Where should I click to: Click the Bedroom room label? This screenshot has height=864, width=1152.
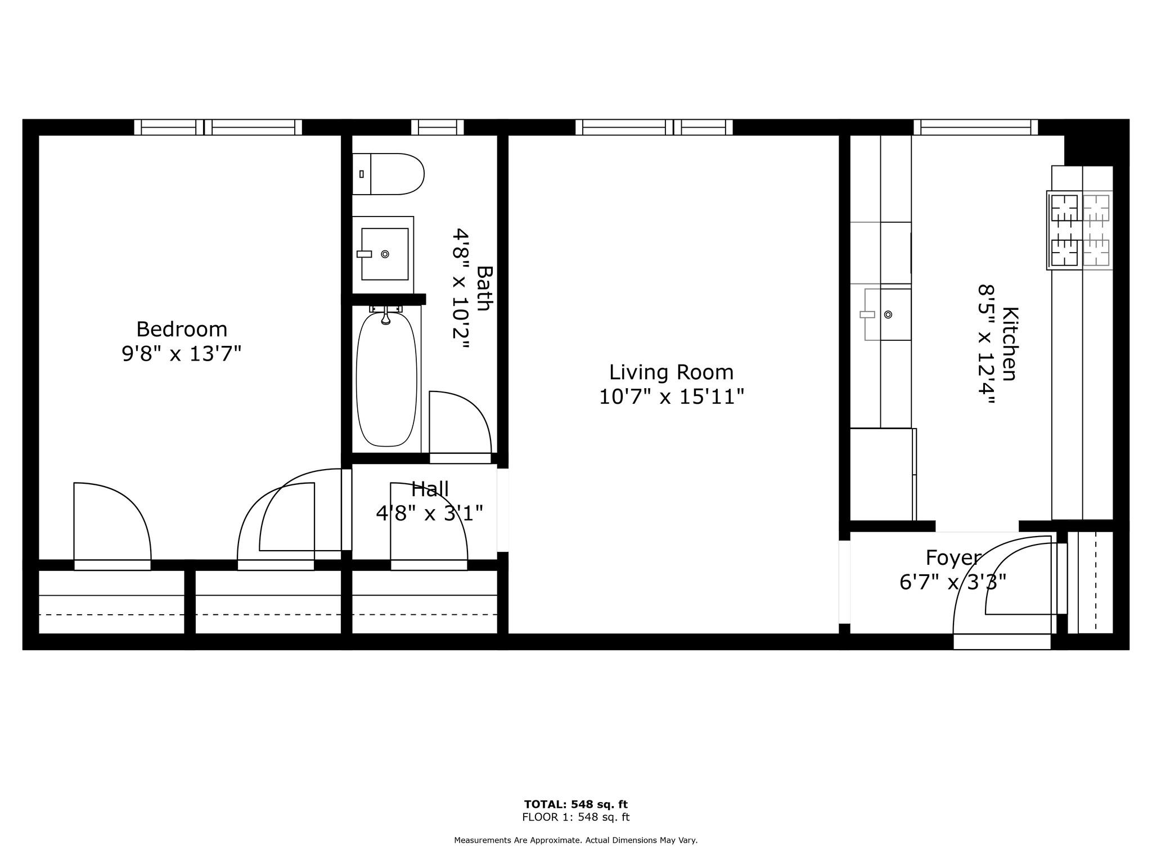tap(182, 329)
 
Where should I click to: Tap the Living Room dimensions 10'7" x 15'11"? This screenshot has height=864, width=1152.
tap(671, 397)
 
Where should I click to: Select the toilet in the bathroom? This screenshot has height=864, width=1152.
tap(388, 174)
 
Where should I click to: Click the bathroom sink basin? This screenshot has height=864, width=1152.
tap(385, 254)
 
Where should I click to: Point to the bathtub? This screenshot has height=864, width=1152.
tap(386, 380)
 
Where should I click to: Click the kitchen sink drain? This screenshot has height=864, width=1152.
tap(888, 314)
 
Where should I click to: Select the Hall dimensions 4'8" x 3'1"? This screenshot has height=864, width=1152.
tap(429, 513)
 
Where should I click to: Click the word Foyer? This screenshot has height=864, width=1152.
tap(953, 557)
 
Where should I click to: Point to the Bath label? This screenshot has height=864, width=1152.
tap(484, 288)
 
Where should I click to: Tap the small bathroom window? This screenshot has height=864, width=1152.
tap(437, 128)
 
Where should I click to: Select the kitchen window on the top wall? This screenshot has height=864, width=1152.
tap(975, 128)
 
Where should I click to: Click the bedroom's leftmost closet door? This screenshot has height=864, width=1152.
tap(112, 565)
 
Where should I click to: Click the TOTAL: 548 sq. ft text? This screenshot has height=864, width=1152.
tap(575, 804)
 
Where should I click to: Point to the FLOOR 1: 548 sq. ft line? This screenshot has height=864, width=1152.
tap(575, 817)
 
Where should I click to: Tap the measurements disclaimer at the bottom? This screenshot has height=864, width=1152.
tap(575, 840)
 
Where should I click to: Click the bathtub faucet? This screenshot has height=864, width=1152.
tap(386, 315)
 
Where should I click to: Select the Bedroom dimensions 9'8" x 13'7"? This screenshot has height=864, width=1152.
tap(182, 354)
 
